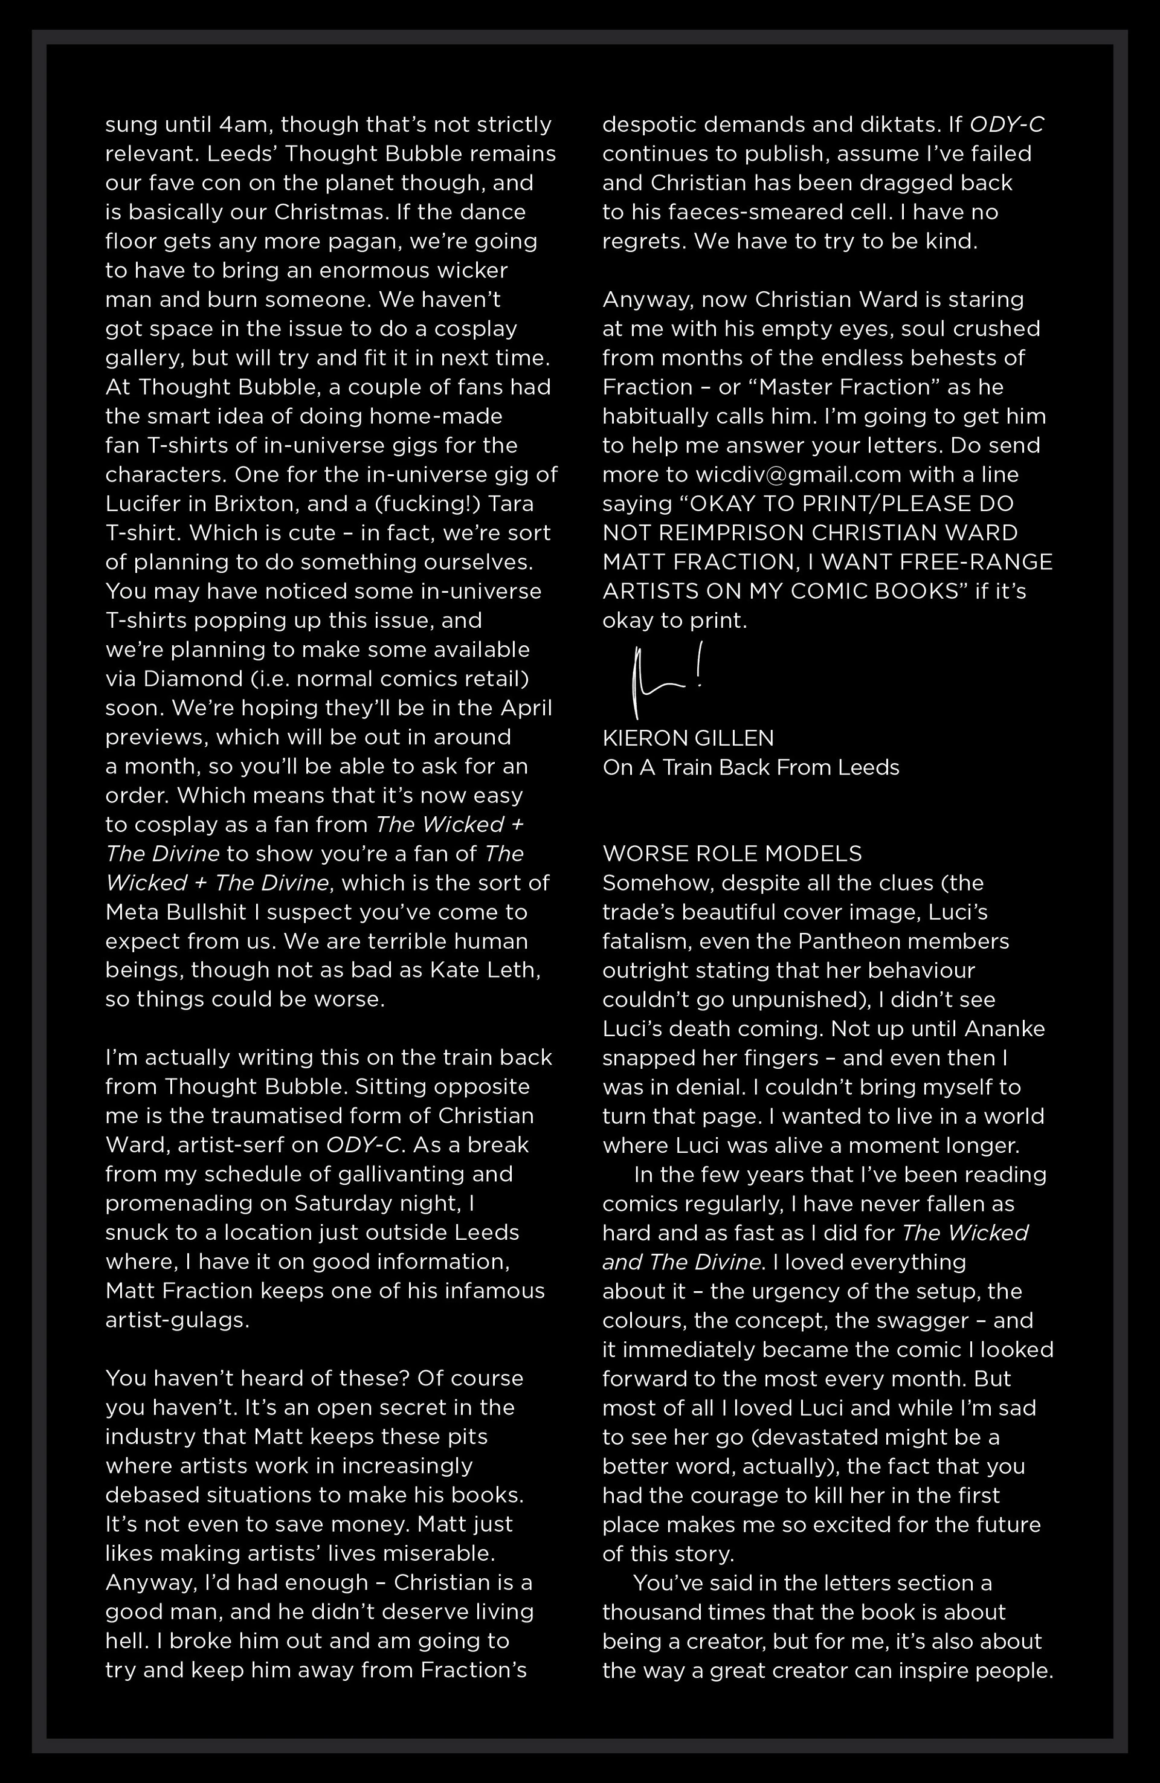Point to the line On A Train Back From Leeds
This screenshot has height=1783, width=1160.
point(751,767)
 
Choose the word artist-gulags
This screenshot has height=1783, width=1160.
point(177,1320)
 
